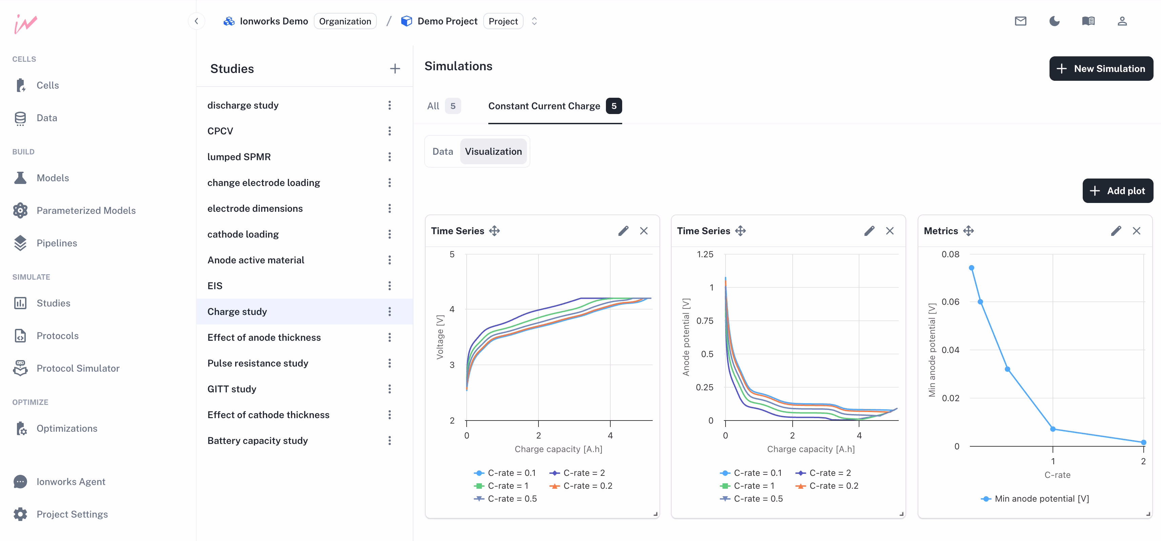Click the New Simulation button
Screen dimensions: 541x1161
coord(1101,69)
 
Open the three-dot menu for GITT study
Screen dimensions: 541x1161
coord(390,389)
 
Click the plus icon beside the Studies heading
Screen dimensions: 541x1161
coord(395,69)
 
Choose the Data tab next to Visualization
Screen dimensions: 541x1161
coord(443,152)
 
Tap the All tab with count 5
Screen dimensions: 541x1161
coord(443,106)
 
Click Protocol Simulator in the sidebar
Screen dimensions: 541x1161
coord(78,368)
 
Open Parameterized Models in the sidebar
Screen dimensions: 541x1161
coord(86,210)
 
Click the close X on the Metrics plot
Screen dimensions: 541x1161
coord(1136,231)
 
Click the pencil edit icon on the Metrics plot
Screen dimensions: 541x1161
coord(1116,231)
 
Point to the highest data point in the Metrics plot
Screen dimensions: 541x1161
coord(971,268)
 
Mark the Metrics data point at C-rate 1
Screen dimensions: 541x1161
coord(1053,429)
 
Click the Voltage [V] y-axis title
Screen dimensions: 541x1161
coord(440,337)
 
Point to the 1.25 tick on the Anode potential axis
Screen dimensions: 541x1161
coord(705,255)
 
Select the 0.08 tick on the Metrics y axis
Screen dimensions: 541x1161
coord(950,255)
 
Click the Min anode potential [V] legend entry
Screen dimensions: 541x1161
coord(1041,499)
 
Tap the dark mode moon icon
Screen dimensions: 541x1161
coord(1054,21)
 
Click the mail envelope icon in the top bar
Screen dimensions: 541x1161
coord(1020,21)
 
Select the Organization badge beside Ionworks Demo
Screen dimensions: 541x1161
coord(345,21)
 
